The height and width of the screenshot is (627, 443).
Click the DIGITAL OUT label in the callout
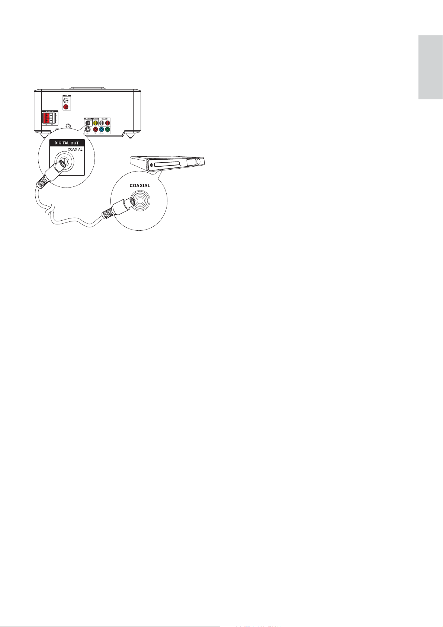[67, 143]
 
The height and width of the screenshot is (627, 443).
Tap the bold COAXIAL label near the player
[140, 185]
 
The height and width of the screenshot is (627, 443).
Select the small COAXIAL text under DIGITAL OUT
[75, 150]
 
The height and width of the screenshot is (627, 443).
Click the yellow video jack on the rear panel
[96, 122]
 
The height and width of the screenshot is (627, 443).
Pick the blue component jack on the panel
[102, 129]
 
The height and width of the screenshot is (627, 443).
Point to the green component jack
[107, 129]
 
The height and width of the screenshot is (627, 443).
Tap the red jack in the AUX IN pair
[66, 107]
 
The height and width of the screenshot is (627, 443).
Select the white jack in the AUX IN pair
[66, 100]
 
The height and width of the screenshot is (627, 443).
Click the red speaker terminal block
[46, 118]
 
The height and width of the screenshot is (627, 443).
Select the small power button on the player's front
[151, 164]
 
